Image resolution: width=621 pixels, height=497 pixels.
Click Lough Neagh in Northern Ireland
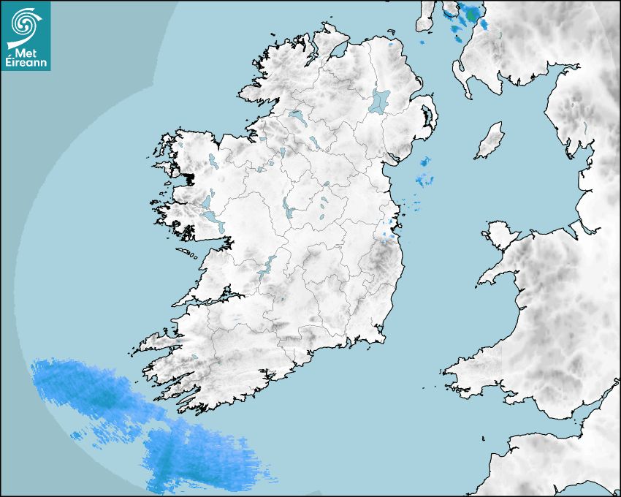pyautogui.click(x=380, y=101)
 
